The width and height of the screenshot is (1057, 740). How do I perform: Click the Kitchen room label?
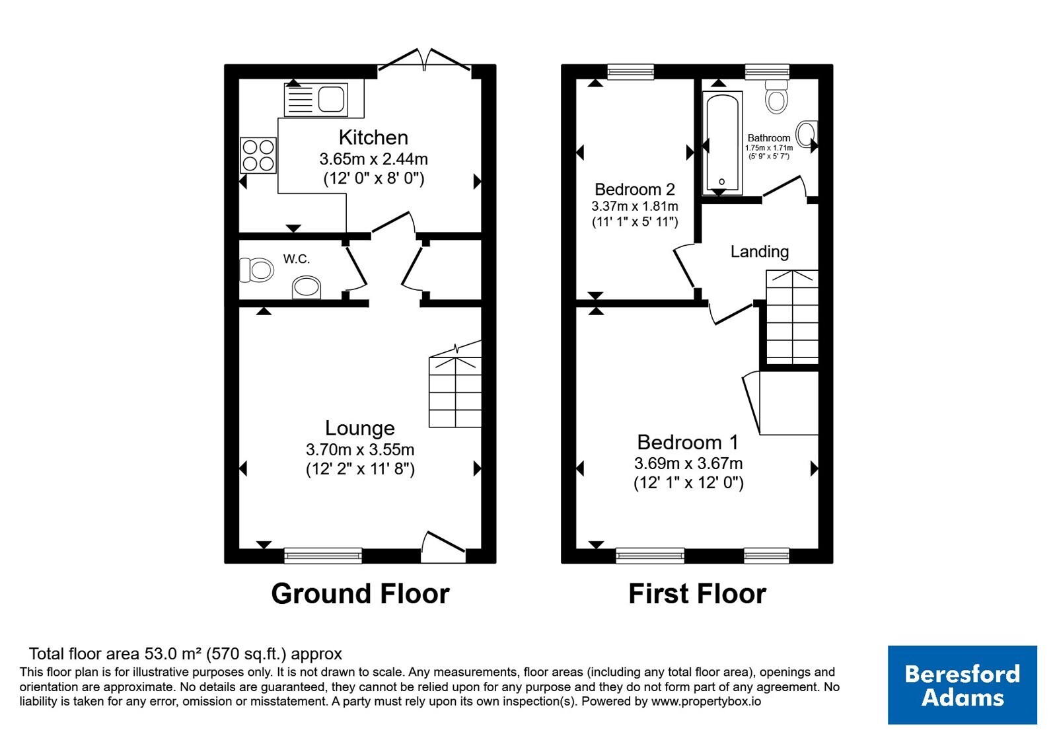[373, 137]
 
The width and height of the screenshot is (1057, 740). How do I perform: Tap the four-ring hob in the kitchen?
[258, 155]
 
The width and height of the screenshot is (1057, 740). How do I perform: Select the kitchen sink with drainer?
[316, 100]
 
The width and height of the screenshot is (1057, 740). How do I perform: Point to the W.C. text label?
[297, 258]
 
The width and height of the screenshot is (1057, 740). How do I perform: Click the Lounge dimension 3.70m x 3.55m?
[360, 449]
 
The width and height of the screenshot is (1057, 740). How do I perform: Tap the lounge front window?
[323, 555]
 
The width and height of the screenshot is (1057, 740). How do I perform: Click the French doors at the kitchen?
[424, 61]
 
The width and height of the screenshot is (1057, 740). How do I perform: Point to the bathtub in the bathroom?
[722, 143]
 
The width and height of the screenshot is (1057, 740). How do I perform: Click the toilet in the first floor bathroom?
[776, 96]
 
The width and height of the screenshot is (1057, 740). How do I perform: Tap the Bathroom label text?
[769, 138]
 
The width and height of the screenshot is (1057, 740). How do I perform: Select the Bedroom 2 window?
[630, 71]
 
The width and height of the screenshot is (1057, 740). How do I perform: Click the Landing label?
[759, 252]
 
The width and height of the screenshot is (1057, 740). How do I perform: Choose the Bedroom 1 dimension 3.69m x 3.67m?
[688, 463]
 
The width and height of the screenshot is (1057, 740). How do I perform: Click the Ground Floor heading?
[360, 593]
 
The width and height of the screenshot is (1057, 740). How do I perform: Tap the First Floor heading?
[697, 593]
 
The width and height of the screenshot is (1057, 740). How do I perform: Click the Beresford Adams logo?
[962, 684]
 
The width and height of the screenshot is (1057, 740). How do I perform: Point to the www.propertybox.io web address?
[706, 701]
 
